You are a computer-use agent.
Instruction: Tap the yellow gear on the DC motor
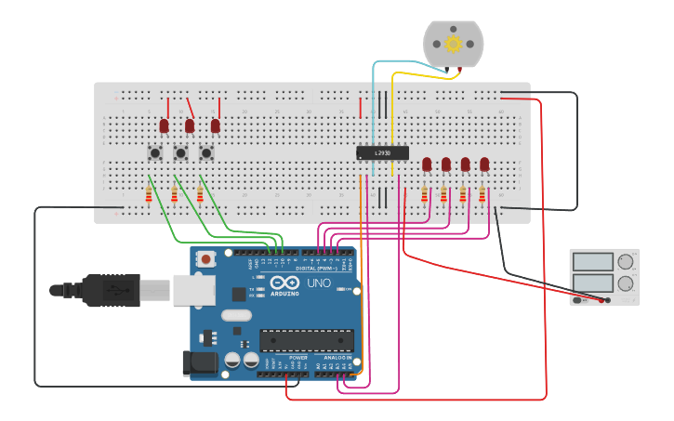coord(454,44)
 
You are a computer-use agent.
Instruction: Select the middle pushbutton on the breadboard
coord(181,151)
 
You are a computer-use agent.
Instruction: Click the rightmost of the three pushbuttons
coord(206,151)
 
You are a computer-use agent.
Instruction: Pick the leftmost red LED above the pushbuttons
coord(164,125)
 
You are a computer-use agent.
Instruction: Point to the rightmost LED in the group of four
coord(484,164)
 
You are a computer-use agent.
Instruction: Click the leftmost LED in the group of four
coord(427,164)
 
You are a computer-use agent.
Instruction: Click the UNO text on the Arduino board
coord(318,283)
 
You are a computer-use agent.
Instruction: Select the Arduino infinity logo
coord(286,283)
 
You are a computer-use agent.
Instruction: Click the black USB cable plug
coord(112,290)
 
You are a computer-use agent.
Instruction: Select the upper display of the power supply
coord(591,262)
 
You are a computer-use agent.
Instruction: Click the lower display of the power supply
coord(591,283)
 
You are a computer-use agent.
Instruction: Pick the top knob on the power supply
coord(626,262)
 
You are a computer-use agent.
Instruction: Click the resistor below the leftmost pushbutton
coord(149,194)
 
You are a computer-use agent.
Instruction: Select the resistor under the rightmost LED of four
coord(482,195)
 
